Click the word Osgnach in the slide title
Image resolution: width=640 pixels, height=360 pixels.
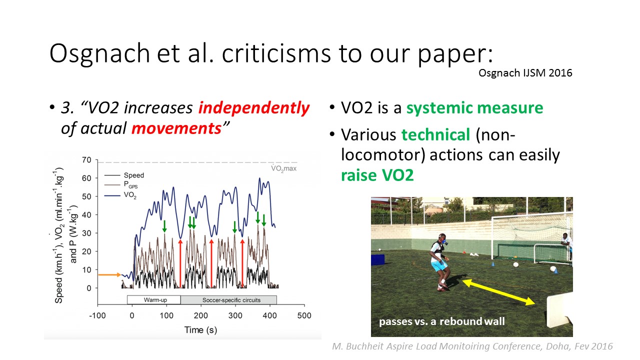click(x=99, y=53)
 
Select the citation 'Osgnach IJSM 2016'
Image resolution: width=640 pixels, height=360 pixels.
click(x=525, y=73)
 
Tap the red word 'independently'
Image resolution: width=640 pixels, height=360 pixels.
click(x=254, y=108)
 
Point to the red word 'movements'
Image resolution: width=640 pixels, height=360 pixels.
click(x=176, y=128)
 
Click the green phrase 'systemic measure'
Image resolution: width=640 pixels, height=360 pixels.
click(x=474, y=108)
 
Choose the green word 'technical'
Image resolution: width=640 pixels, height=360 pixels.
click(x=435, y=134)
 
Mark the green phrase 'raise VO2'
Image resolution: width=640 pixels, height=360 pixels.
click(x=377, y=175)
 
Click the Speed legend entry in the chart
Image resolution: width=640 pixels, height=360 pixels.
click(x=124, y=175)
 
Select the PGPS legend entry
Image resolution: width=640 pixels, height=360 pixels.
click(x=121, y=185)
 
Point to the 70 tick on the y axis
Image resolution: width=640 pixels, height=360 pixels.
click(x=86, y=160)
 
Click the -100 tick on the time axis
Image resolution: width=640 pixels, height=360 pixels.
click(x=97, y=315)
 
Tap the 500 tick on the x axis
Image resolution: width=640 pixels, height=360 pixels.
click(x=304, y=315)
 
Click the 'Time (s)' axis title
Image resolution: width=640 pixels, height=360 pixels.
click(x=200, y=330)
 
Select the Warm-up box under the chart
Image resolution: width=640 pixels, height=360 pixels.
click(x=153, y=300)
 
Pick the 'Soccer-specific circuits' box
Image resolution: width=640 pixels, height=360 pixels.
click(x=228, y=300)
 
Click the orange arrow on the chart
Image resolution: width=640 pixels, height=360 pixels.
click(x=109, y=275)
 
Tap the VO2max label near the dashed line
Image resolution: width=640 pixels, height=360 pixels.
click(x=283, y=168)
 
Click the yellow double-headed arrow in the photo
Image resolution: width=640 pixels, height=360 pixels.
click(x=498, y=292)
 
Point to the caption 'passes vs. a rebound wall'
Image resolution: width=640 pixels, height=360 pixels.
click(x=441, y=321)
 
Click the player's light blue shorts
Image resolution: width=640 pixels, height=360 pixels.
click(x=439, y=266)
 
